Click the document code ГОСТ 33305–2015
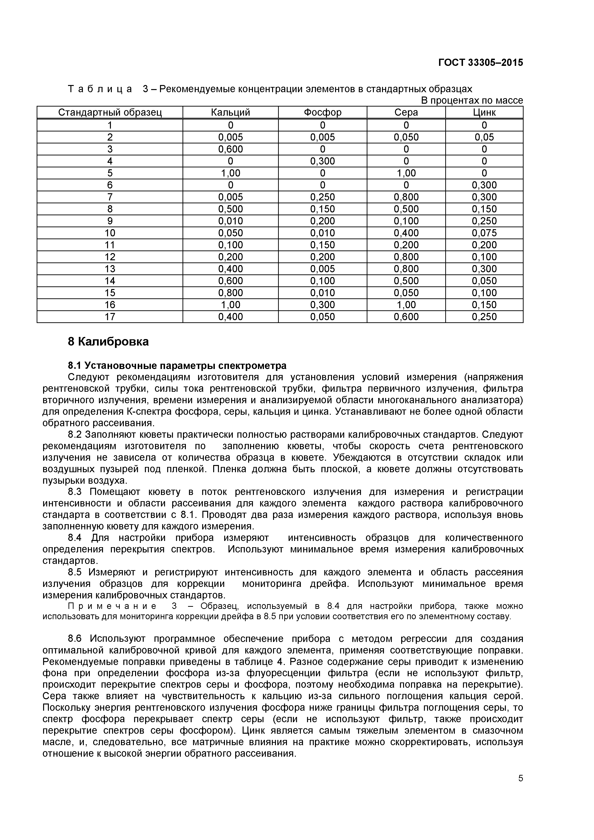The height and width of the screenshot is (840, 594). (x=480, y=62)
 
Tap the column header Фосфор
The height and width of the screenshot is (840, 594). (x=322, y=112)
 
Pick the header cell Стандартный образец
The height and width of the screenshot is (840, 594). (x=110, y=112)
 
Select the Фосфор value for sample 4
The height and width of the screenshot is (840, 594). (x=322, y=161)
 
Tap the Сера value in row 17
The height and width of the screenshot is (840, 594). (x=406, y=317)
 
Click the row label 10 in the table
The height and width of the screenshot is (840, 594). (x=110, y=233)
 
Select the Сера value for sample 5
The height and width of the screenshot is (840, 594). (x=406, y=173)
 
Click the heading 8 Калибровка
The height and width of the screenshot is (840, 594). (x=108, y=342)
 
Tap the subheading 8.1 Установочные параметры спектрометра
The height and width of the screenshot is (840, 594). (x=177, y=365)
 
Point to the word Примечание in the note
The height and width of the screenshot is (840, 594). (x=100, y=606)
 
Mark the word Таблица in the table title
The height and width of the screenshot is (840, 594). (x=100, y=89)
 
